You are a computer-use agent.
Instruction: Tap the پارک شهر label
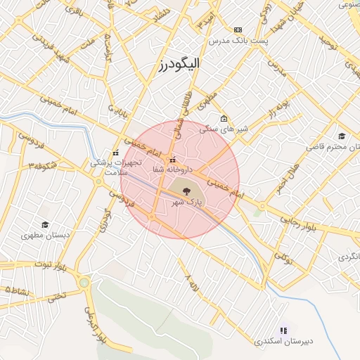pyautogui.click(x=187, y=202)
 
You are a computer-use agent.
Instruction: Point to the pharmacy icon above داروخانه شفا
pyautogui.click(x=173, y=159)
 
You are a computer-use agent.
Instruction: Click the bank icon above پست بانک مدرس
pyautogui.click(x=238, y=30)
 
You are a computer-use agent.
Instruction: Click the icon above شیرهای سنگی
pyautogui.click(x=224, y=118)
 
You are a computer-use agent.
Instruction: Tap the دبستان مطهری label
pyautogui.click(x=46, y=236)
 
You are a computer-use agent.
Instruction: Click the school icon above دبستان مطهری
pyautogui.click(x=45, y=224)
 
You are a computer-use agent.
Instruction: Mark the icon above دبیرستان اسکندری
pyautogui.click(x=283, y=330)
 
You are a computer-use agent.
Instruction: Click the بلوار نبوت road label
pyautogui.click(x=52, y=267)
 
